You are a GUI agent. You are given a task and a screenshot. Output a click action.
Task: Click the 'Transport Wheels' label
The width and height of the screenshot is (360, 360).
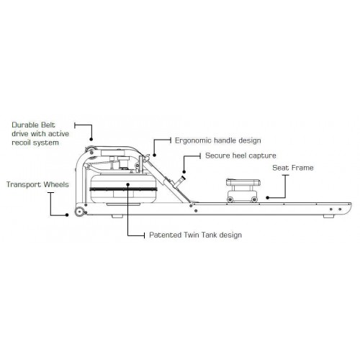coord(37,184)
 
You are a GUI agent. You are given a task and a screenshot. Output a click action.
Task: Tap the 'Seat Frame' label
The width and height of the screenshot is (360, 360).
coord(293,168)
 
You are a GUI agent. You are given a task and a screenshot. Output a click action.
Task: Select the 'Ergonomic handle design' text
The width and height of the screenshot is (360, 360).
coord(218,140)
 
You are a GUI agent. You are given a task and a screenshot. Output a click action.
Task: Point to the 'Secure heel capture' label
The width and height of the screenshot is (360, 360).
coord(240,156)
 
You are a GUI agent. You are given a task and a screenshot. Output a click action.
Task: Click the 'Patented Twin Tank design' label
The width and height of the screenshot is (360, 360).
coord(195,235)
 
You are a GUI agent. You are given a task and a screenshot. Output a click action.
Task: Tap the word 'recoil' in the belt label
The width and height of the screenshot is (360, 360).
coord(22,143)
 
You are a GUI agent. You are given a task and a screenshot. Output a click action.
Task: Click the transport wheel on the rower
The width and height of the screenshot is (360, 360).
coord(79,212)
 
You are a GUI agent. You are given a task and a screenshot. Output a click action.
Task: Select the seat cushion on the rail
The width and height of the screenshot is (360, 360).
coord(243,182)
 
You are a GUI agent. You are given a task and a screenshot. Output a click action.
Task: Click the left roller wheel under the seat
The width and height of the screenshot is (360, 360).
coord(230,199)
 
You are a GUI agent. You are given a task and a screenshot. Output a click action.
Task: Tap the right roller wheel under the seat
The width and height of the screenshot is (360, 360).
coord(254,199)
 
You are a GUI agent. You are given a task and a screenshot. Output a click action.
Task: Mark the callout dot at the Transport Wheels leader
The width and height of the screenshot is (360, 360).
coord(67,215)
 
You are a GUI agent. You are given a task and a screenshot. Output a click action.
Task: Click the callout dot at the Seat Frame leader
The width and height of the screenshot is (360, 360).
coord(267,198)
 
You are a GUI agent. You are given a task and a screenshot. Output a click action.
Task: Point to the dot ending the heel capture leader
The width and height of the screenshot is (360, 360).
coord(184,172)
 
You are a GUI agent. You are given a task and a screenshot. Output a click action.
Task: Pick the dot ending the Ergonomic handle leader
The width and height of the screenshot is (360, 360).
coord(154,156)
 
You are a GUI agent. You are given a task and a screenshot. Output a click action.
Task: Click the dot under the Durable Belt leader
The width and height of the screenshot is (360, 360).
coord(91,139)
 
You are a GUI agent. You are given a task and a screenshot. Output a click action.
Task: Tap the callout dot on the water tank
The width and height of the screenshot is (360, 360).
coord(128,184)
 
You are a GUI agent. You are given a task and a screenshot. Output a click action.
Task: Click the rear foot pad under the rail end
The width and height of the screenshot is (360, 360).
coord(328,217)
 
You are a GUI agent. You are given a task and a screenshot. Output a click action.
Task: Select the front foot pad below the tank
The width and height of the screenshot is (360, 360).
coord(117,217)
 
